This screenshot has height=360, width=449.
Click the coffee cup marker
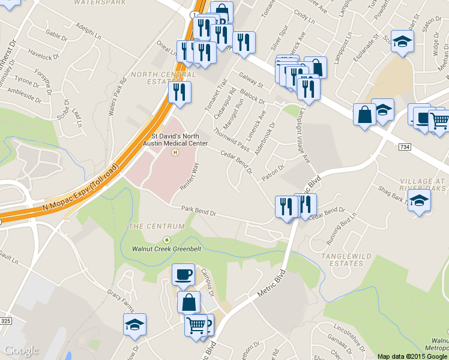coord(183,275)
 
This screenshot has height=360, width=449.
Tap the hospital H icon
coord(175,152)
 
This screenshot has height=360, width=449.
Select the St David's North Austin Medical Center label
coord(175,140)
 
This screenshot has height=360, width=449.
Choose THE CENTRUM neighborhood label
coord(152,226)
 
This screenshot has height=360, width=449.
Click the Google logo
coord(21,350)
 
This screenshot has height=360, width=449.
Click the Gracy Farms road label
coord(119,302)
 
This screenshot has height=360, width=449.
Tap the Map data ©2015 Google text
coord(411,356)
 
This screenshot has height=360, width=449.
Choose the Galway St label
coord(252,79)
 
